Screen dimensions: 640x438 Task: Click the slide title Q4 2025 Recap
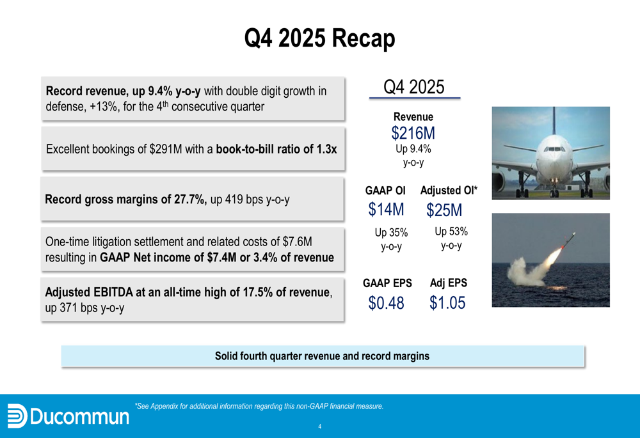(319, 39)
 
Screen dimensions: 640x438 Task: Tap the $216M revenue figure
(413, 133)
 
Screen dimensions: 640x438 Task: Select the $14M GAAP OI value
(386, 209)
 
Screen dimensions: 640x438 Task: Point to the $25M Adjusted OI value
(444, 210)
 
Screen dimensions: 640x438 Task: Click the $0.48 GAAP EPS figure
(386, 302)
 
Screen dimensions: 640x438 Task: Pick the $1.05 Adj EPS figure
(447, 302)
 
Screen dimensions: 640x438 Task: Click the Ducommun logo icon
(17, 416)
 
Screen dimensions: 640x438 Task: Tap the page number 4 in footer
(319, 426)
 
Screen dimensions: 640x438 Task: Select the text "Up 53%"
(451, 231)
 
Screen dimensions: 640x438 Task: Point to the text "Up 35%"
(391, 233)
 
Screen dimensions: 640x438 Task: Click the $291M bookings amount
(166, 149)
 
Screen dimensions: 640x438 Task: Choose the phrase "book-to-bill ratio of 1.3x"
(276, 149)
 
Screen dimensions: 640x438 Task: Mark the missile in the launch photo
(568, 240)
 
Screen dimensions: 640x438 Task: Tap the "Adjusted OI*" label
(449, 191)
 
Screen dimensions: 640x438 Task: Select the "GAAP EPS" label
(387, 283)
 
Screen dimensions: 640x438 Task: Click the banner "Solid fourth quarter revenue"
(323, 356)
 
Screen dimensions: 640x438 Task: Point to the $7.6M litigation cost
(297, 242)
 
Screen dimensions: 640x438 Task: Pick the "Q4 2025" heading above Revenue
(414, 87)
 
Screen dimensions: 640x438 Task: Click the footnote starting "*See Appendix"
(259, 406)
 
